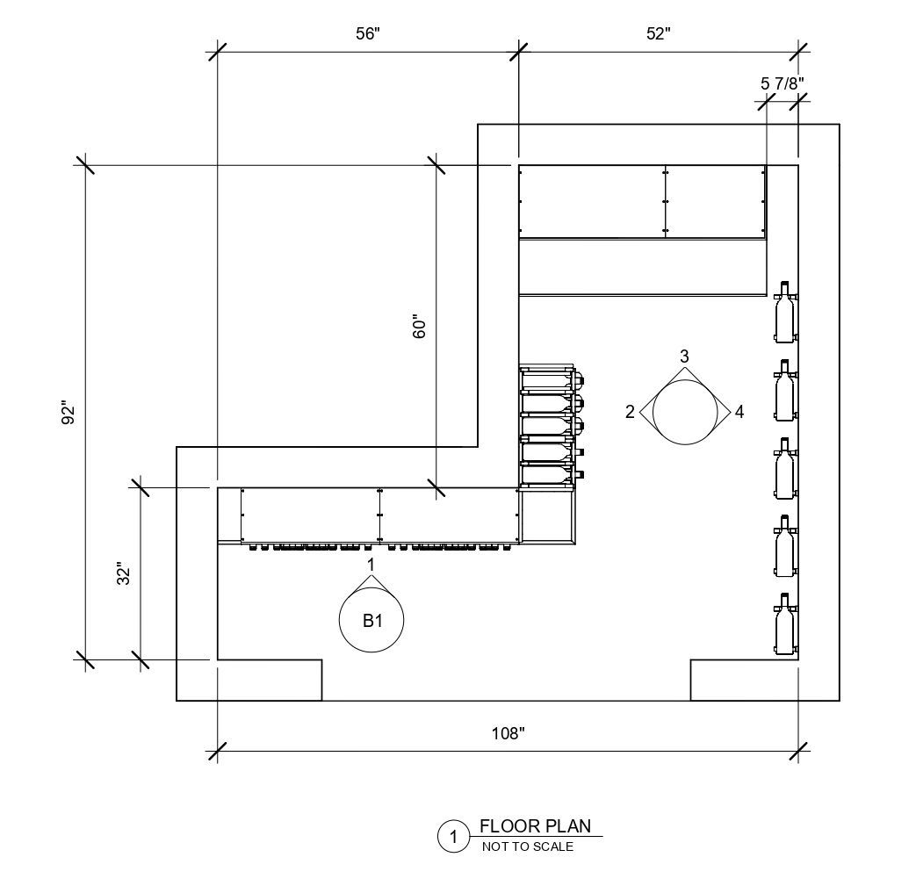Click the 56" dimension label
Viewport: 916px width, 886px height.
pos(367,33)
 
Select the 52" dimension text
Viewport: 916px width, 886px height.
pos(658,33)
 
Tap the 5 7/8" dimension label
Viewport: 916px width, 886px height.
pos(782,83)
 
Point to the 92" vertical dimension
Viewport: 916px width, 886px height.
pos(69,413)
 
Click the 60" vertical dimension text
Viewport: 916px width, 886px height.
pos(419,328)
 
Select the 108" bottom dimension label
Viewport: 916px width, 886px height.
pos(508,734)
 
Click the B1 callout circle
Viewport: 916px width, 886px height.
pos(371,621)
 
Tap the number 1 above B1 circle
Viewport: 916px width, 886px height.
pos(371,562)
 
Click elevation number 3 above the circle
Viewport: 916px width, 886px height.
pos(684,356)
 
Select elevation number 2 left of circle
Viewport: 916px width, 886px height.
pos(630,412)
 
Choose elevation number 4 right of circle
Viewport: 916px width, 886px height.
pos(739,412)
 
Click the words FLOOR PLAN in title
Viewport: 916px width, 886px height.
pos(535,825)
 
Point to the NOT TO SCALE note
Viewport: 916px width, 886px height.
pos(527,846)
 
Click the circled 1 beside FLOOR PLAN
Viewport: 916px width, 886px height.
pos(453,837)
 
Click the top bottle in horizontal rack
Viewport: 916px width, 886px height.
pos(550,380)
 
